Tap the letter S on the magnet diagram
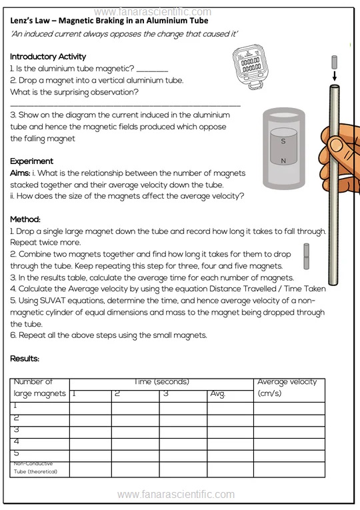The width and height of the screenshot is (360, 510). click(283, 141)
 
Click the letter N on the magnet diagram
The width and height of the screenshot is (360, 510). click(283, 161)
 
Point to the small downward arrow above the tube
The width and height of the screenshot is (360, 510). click(334, 76)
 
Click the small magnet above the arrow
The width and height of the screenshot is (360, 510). click(334, 62)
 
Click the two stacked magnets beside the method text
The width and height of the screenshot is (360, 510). click(307, 256)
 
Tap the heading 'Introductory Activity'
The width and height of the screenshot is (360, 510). click(48, 57)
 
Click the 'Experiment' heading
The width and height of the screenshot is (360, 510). click(31, 161)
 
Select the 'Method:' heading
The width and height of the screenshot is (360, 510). click(25, 219)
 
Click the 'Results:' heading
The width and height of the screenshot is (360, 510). click(25, 359)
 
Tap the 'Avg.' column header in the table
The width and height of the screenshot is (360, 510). click(217, 393)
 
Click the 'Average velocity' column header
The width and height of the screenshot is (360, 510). click(287, 382)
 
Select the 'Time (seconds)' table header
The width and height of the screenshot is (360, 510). click(161, 382)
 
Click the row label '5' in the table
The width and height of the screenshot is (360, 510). click(16, 453)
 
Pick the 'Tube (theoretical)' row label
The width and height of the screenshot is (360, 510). click(35, 471)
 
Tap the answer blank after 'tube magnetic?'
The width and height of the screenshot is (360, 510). click(152, 70)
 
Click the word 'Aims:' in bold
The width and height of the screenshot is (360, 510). click(20, 173)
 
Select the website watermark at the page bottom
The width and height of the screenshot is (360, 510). click(176, 495)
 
